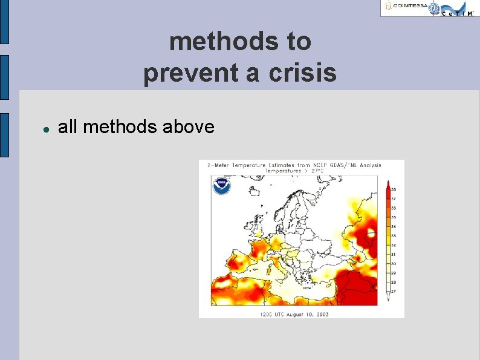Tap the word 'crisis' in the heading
305,73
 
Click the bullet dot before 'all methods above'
45,128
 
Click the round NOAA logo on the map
221,185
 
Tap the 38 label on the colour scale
394,189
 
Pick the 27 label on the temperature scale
394,292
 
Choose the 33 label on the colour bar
394,235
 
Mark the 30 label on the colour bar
394,263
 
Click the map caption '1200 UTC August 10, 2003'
294,314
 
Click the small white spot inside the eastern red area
371,232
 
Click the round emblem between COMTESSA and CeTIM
434,7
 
